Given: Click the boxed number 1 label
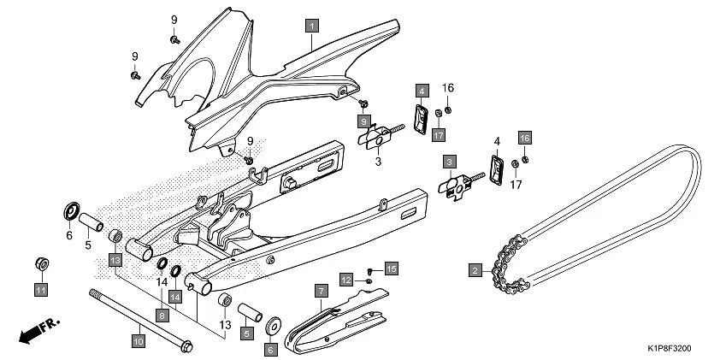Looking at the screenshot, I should pos(313,26).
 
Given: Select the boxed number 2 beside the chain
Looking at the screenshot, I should pos(474,271).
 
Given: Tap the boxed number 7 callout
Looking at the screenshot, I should pos(321,292).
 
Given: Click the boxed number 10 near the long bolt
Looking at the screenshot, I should pos(138,340).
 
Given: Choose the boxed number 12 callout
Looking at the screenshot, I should pos(346,280).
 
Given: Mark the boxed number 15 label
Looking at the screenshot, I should pos(391,269).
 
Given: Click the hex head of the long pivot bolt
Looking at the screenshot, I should pos(188,347).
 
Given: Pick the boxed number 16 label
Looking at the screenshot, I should pos(525,138).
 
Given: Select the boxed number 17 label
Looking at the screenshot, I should pos(438,135).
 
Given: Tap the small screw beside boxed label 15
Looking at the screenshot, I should pos(369,271).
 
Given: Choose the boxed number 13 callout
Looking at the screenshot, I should pos(115,258).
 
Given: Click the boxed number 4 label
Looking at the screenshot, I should pos(422,91).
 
